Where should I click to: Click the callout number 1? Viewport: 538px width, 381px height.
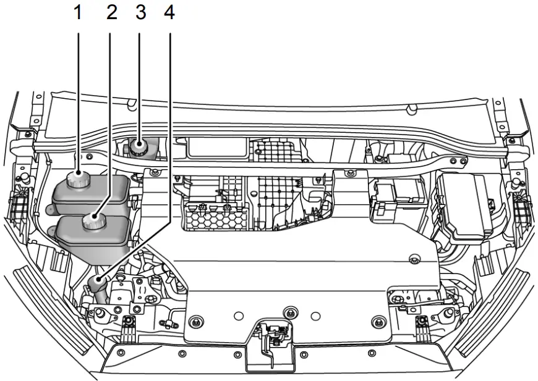coord(78,12)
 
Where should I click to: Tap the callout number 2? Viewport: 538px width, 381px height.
coord(111,12)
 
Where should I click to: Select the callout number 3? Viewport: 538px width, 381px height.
coord(140,12)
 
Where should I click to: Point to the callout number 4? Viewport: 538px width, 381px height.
coord(169,12)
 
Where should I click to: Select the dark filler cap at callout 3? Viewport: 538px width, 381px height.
coord(137,148)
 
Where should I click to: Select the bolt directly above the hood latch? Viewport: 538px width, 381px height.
coord(287,311)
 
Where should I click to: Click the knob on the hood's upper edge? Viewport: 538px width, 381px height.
coord(409,111)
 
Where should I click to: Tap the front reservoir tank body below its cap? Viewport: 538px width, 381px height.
coord(93,238)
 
